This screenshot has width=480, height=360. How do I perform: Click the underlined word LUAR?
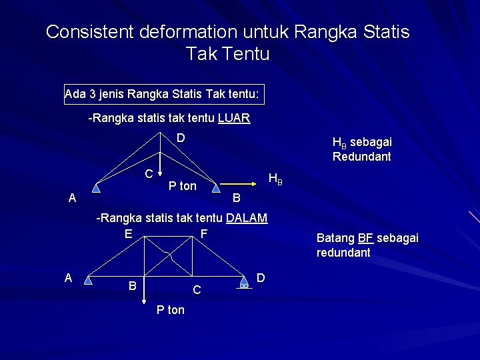(x=233, y=119)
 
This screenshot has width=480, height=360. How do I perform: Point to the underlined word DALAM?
(x=247, y=218)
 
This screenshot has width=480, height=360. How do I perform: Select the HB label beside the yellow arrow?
(x=275, y=179)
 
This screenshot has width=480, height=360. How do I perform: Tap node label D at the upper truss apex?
(x=180, y=139)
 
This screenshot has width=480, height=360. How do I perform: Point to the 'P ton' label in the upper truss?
(x=182, y=186)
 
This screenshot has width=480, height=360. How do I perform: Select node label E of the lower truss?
(x=127, y=233)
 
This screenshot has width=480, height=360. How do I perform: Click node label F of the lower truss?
(x=204, y=233)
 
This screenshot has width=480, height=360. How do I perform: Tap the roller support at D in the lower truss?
(x=245, y=283)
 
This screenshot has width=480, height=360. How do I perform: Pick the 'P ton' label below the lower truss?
(x=170, y=310)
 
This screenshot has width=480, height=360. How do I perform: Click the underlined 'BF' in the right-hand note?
(x=365, y=238)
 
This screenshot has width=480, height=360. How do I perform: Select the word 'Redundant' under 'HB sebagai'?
(x=361, y=157)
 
